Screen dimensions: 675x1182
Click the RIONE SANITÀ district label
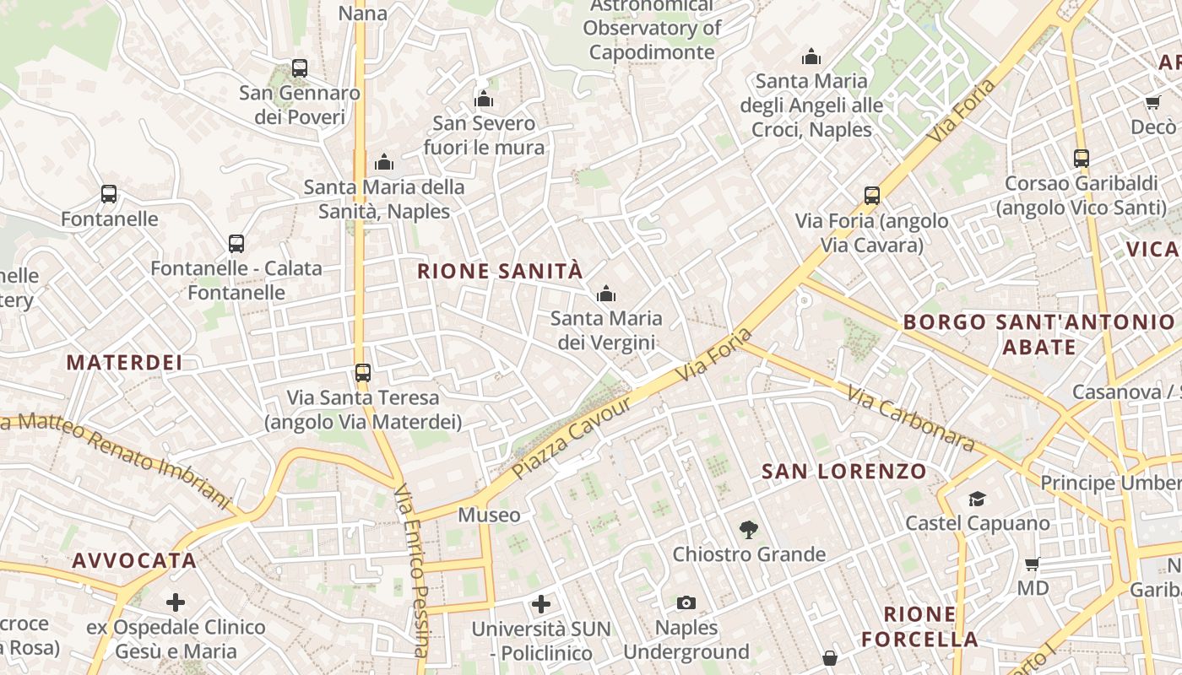pyautogui.click(x=500, y=271)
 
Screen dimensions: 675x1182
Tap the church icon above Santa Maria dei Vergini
pyautogui.click(x=605, y=294)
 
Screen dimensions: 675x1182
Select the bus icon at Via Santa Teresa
pyautogui.click(x=363, y=372)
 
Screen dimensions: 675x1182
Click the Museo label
pyautogui.click(x=489, y=515)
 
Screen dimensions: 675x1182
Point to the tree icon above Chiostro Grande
pyautogui.click(x=748, y=530)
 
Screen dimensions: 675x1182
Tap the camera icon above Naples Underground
pyautogui.click(x=686, y=602)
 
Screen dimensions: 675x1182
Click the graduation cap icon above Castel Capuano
pyautogui.click(x=977, y=499)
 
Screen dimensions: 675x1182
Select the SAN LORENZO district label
pyautogui.click(x=844, y=472)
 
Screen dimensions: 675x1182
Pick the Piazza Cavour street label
pyautogui.click(x=572, y=437)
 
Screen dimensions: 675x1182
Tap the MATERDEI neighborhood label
pyautogui.click(x=124, y=363)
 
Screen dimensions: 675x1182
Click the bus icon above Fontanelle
pyautogui.click(x=109, y=194)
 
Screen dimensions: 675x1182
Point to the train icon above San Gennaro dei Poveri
pyautogui.click(x=299, y=68)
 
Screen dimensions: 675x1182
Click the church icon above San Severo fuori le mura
pyautogui.click(x=484, y=99)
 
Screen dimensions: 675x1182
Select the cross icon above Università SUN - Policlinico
pyautogui.click(x=541, y=604)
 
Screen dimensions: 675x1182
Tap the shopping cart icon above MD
pyautogui.click(x=1032, y=564)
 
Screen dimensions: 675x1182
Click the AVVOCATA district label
pyautogui.click(x=134, y=560)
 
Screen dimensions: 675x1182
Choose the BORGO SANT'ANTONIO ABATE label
pyautogui.click(x=1038, y=334)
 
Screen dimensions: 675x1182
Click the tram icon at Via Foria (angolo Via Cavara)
pyautogui.click(x=872, y=196)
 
